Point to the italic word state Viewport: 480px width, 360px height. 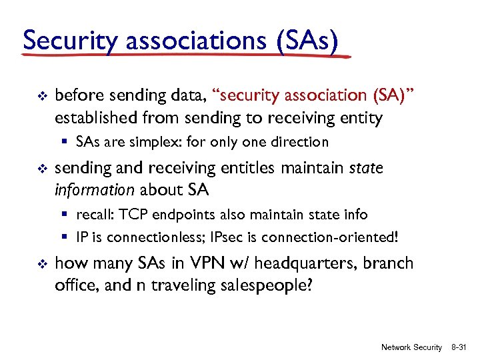(366, 168)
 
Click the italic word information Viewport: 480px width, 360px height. (94, 190)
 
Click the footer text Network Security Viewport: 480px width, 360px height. (411, 347)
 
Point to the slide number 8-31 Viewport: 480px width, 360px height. (461, 347)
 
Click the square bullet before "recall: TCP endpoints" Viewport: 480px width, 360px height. (68, 215)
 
